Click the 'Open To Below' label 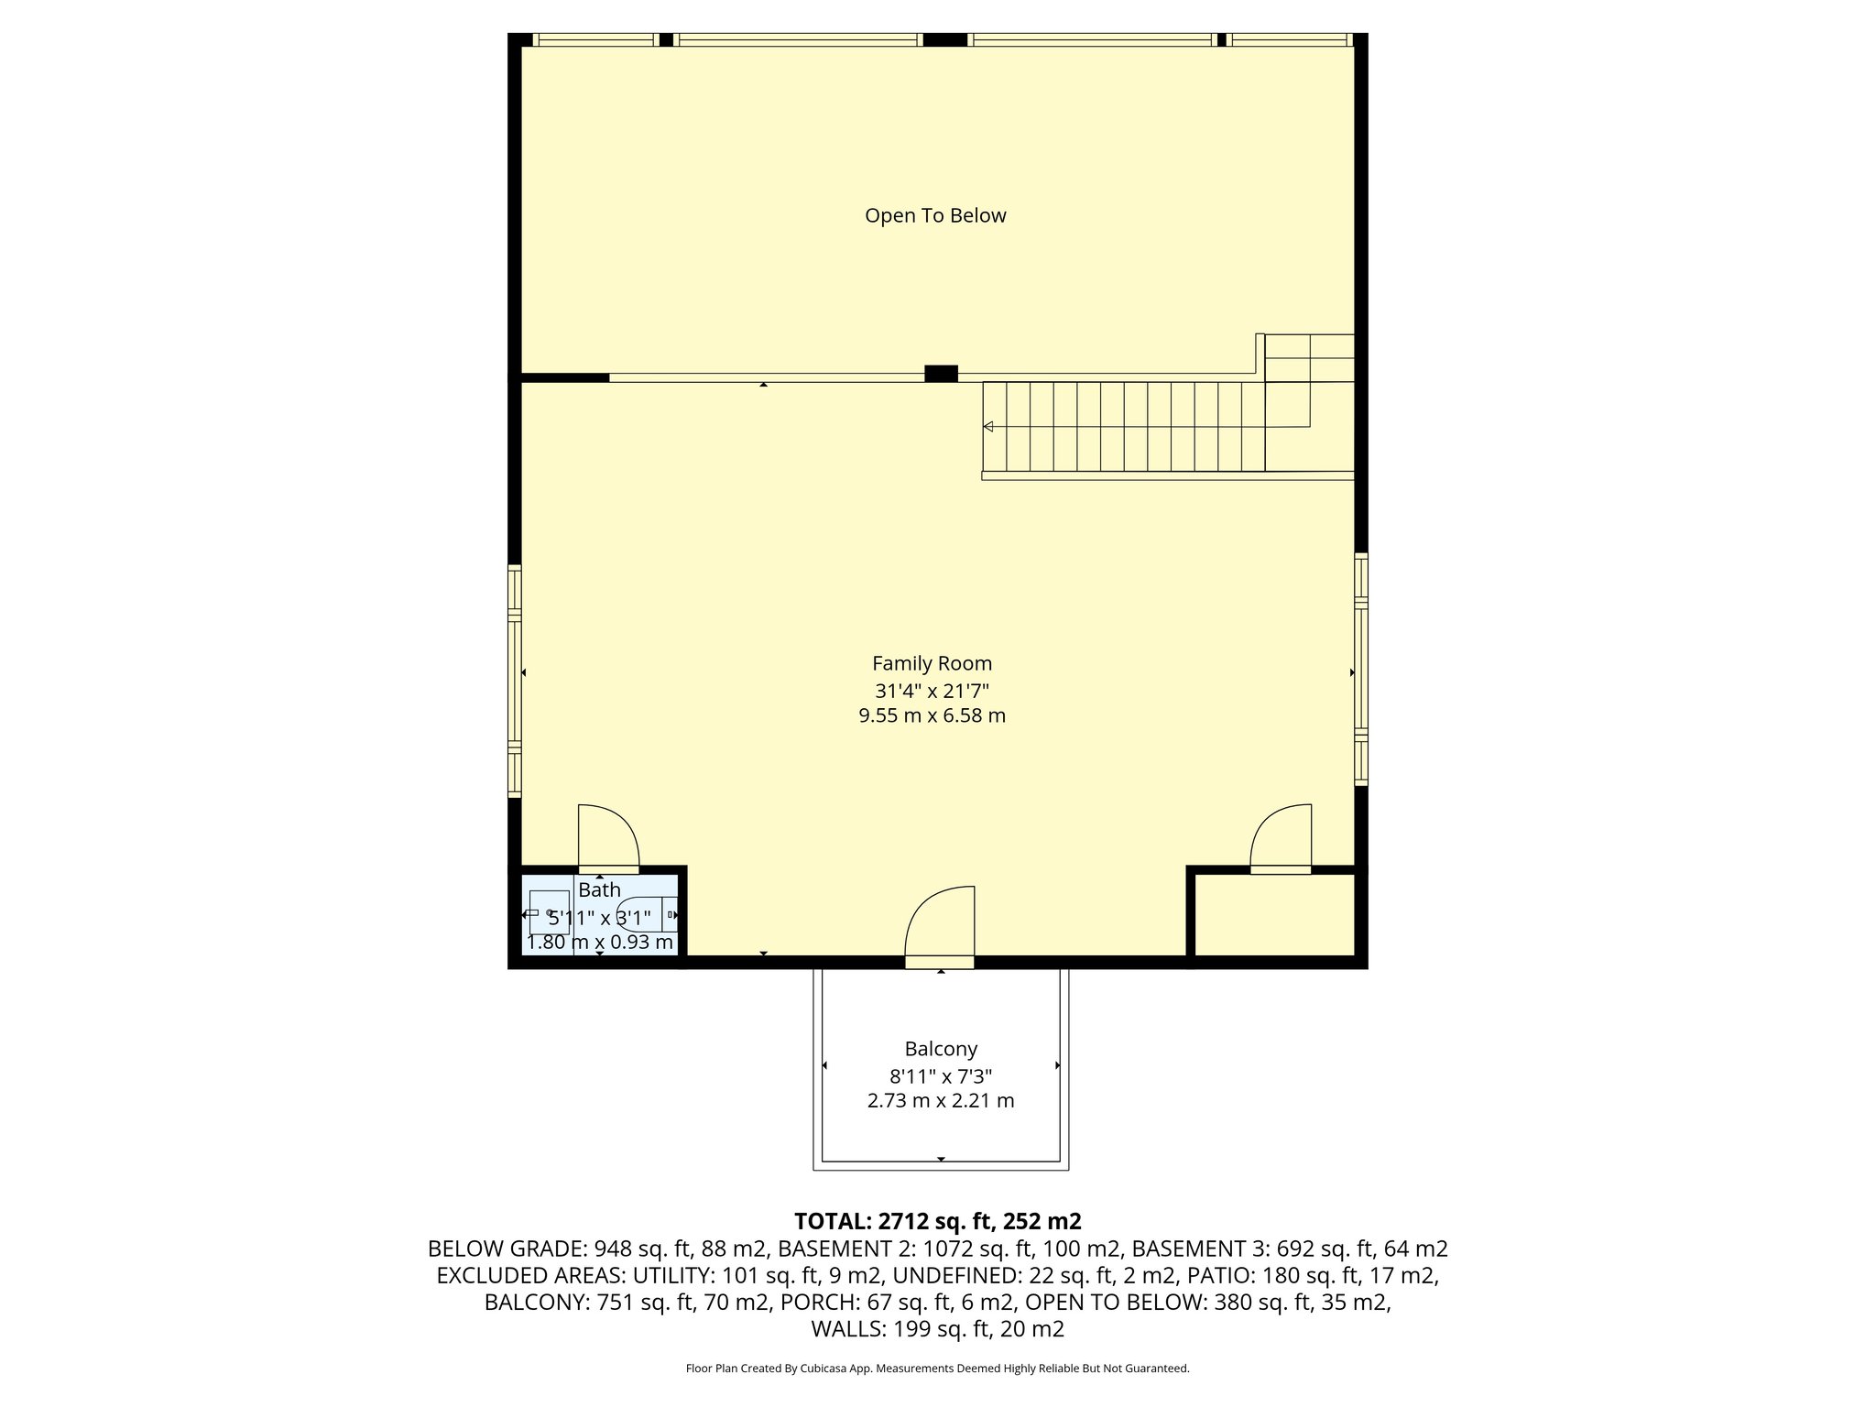pos(935,215)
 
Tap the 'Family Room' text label pos(932,663)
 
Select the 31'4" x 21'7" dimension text pos(932,691)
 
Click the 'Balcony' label pos(941,1049)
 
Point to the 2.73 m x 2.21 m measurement pos(941,1100)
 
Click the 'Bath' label pos(599,889)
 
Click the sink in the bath pos(548,912)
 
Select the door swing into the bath pos(606,835)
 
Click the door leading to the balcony pos(940,925)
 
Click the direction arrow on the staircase pos(988,427)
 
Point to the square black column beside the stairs pos(941,374)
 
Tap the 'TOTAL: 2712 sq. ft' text pos(936,1221)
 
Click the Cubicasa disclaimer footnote pos(937,1369)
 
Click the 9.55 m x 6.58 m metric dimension pos(932,715)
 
